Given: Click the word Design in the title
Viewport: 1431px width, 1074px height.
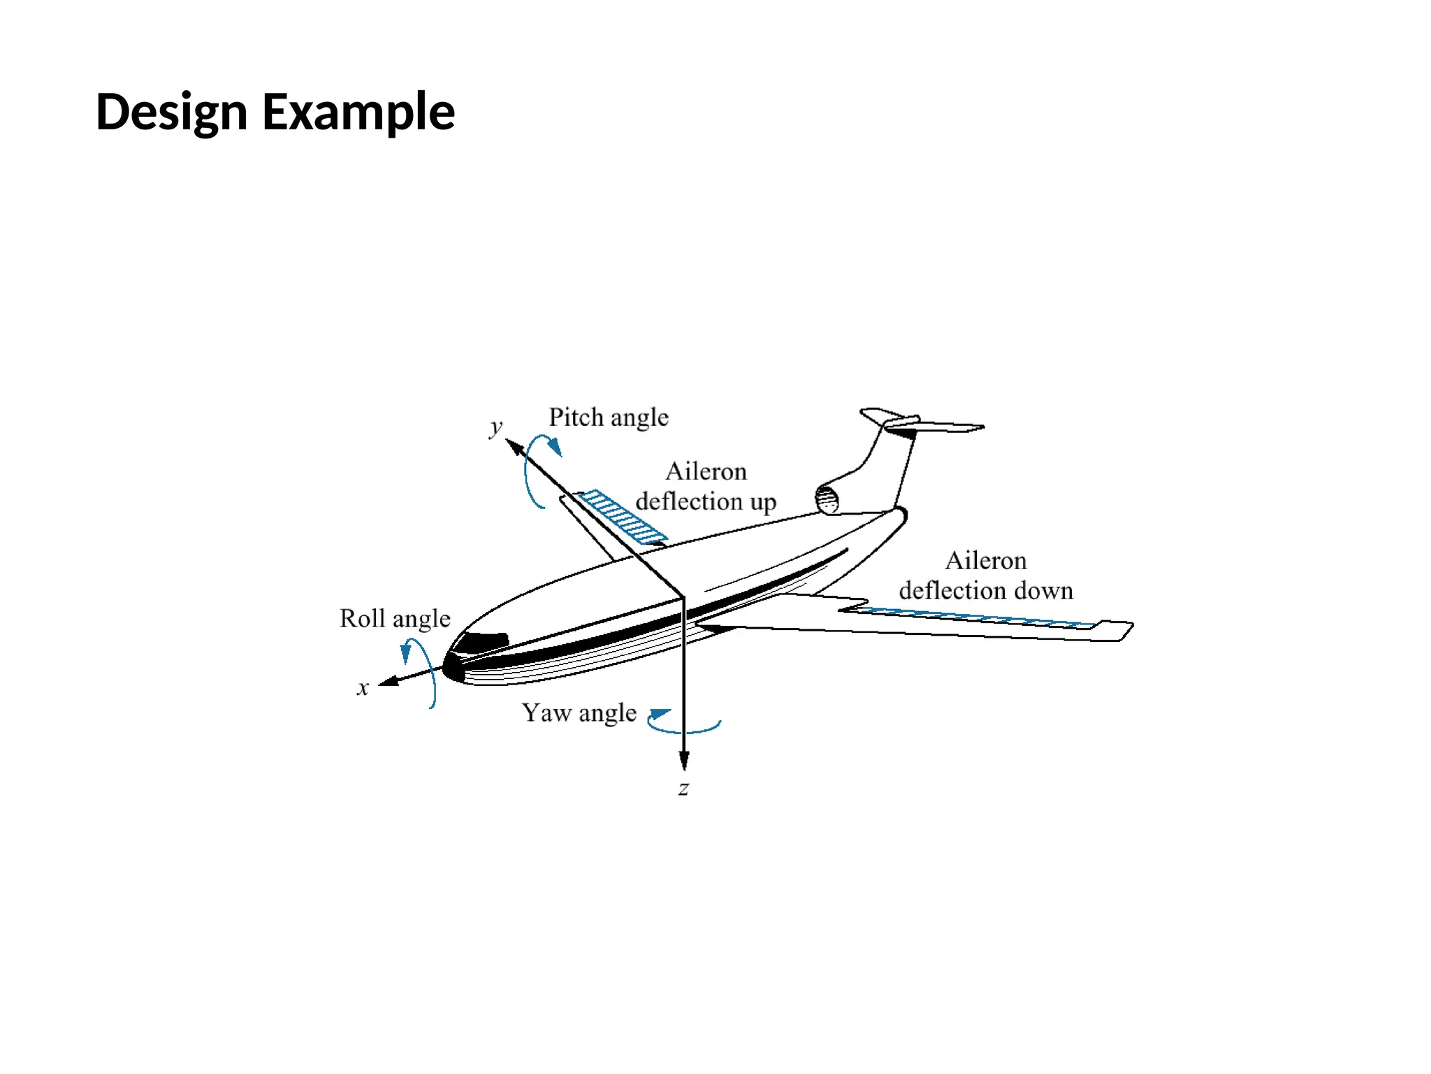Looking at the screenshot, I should tap(171, 112).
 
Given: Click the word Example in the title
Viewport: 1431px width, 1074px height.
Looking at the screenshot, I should tap(358, 112).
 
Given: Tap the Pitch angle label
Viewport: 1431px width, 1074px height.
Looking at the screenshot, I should tap(608, 417).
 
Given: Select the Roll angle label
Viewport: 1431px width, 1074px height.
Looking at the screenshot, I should tap(395, 619).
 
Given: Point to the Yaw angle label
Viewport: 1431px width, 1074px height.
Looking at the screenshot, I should tap(579, 713).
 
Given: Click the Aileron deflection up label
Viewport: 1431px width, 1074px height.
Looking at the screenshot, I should tap(706, 487).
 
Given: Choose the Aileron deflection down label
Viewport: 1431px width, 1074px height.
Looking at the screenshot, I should tap(985, 575).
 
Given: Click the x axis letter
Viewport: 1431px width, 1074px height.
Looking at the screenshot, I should tap(363, 688).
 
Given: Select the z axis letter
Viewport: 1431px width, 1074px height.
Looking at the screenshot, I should tap(683, 789).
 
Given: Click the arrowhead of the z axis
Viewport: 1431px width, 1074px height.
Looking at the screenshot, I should tap(684, 761).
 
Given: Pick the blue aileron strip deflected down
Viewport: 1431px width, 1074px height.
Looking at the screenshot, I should tap(971, 617).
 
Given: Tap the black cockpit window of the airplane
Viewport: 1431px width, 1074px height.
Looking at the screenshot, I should tap(482, 641).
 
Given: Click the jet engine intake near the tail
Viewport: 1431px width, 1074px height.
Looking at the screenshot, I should tap(827, 499).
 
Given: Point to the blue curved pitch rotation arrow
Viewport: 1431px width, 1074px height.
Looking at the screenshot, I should tap(535, 468).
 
